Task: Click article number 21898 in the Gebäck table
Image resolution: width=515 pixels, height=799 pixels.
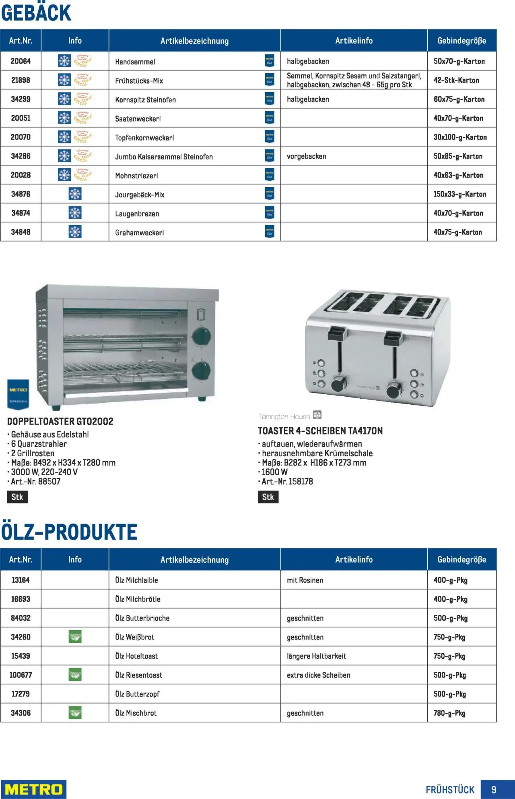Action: [x=21, y=80]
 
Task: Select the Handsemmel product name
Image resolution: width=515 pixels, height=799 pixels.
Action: [x=135, y=62]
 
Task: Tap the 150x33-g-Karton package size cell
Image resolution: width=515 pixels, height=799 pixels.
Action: [x=459, y=194]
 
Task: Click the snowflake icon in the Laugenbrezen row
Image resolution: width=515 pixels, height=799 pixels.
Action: [x=75, y=213]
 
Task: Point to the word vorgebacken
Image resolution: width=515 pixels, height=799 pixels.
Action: [x=306, y=156]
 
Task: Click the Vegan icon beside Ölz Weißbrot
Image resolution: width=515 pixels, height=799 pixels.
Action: [x=75, y=637]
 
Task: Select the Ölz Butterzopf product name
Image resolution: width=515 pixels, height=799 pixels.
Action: [x=137, y=694]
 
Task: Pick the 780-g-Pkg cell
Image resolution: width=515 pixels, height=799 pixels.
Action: [x=449, y=713]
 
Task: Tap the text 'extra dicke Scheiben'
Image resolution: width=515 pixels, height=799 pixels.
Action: [x=318, y=675]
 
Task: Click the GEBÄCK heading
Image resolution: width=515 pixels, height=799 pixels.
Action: [x=36, y=13]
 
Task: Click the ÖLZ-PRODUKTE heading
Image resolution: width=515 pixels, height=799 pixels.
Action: [x=69, y=532]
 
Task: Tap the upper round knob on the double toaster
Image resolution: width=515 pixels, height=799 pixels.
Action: [x=202, y=336]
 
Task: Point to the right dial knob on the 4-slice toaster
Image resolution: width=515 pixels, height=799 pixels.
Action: [x=394, y=390]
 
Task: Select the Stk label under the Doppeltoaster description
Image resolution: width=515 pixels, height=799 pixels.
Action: [x=17, y=497]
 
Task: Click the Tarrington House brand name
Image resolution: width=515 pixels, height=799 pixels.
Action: [x=284, y=416]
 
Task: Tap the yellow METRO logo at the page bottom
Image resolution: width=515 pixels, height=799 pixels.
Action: [x=33, y=789]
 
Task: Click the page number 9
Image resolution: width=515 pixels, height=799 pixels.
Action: [x=494, y=789]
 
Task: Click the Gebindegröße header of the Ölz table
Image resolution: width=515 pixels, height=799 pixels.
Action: [x=461, y=559]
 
